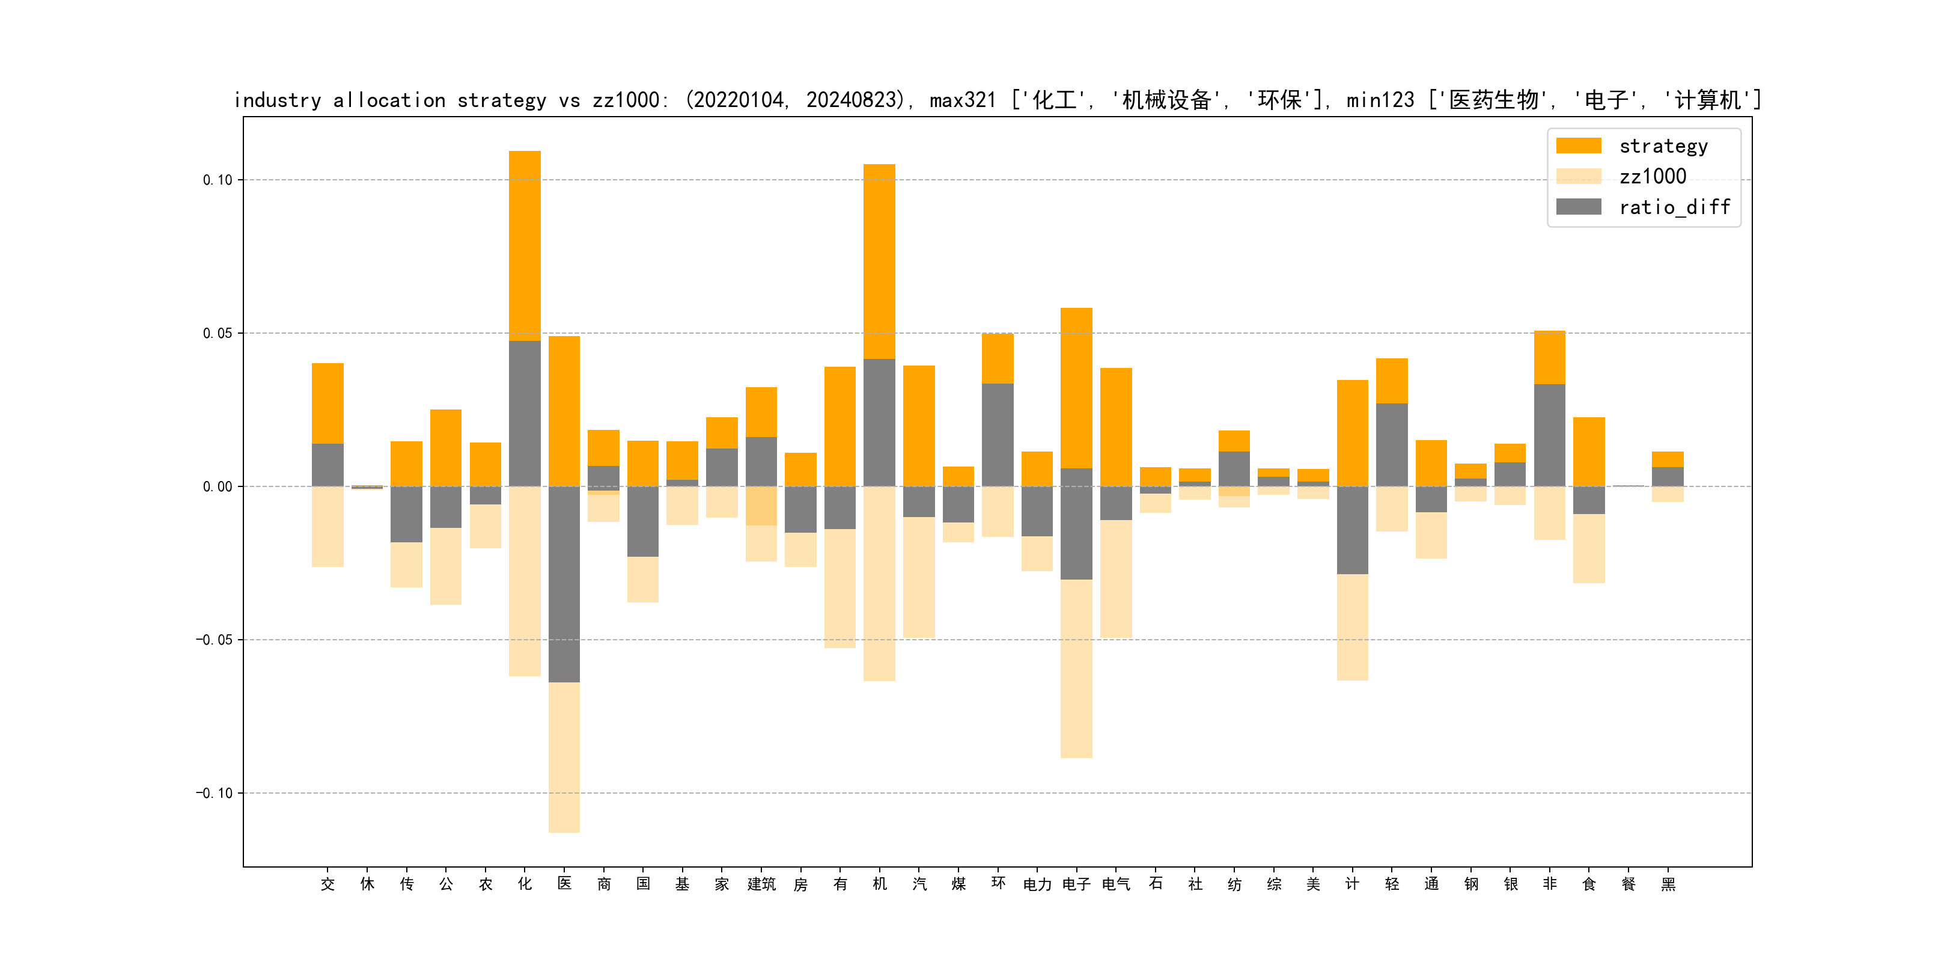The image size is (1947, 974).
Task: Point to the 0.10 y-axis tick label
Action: coord(217,180)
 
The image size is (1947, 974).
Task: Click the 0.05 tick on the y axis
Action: coord(217,334)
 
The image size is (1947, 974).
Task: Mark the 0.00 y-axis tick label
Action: coord(217,487)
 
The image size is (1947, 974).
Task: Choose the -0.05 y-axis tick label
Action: coord(214,640)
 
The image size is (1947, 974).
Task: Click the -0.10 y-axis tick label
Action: coord(214,793)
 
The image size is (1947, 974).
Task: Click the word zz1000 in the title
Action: coord(626,100)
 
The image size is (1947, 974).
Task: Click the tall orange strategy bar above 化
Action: coord(525,246)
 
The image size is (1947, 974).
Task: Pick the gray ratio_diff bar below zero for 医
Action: coord(564,584)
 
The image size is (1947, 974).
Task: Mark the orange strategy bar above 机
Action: coord(879,261)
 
